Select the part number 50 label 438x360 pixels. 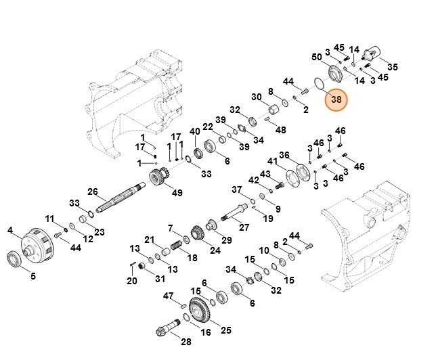tap(315, 58)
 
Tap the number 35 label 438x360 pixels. tap(393, 66)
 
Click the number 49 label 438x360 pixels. tap(177, 193)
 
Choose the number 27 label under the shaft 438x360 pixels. tap(244, 227)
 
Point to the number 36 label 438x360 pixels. tap(284, 155)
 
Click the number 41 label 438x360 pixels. tap(271, 162)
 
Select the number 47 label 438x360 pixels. tap(169, 296)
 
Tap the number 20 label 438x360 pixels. tap(131, 280)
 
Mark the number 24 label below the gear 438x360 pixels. tap(215, 250)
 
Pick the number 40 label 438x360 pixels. tap(194, 131)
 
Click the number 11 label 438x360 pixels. tap(49, 219)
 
